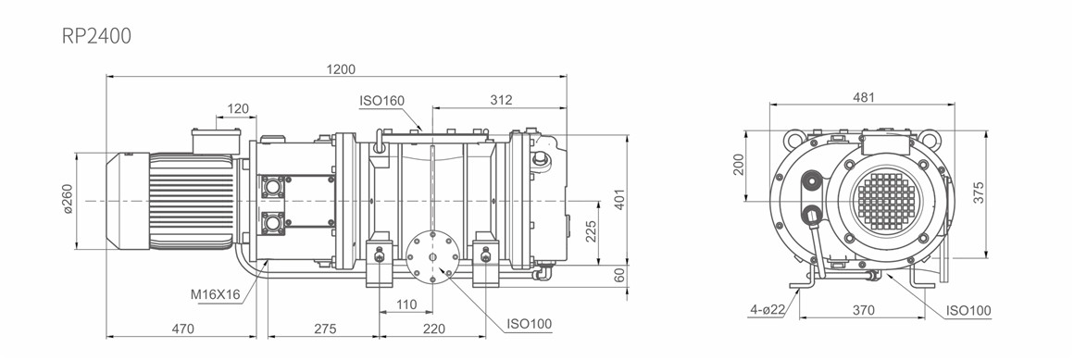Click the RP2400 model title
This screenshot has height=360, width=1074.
pyautogui.click(x=96, y=35)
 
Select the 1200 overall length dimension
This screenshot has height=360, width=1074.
pyautogui.click(x=341, y=69)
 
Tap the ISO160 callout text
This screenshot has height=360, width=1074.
pyautogui.click(x=382, y=101)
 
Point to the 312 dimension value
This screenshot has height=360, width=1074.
pyautogui.click(x=502, y=100)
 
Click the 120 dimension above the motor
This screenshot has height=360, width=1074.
pyautogui.click(x=238, y=108)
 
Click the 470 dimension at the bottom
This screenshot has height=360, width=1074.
pyautogui.click(x=182, y=329)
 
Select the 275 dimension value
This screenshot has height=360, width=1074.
pyautogui.click(x=325, y=329)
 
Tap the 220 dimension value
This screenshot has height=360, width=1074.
pyautogui.click(x=433, y=329)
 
